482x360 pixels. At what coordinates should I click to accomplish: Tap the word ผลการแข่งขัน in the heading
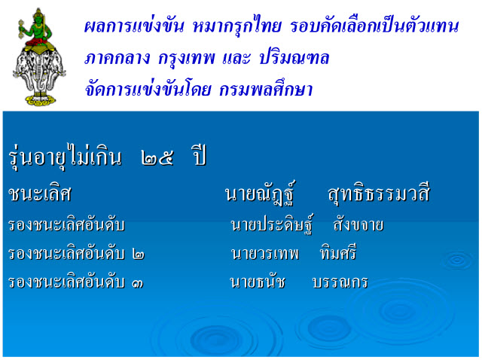coord(134,26)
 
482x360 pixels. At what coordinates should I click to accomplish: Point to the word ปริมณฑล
coord(294,57)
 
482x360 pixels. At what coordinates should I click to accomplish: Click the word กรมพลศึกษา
coord(266,89)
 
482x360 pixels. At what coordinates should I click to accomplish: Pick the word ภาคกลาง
coord(117,58)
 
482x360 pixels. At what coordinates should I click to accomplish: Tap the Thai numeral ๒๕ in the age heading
coord(157,158)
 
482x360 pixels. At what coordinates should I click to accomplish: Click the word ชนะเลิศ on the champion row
coord(40,194)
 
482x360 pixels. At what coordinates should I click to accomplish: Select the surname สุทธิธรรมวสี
coord(378,194)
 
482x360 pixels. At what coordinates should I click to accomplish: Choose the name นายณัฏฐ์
coord(260,193)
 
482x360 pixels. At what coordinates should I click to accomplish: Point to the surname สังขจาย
coord(358,224)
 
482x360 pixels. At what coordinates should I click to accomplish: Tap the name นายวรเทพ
coord(264,254)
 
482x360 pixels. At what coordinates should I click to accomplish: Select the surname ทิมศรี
coord(338,252)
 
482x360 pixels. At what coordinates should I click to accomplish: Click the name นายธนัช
coord(258,282)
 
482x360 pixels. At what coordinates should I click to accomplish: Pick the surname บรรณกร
coord(340,282)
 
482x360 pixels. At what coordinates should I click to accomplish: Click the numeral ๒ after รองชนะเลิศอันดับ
coord(139,255)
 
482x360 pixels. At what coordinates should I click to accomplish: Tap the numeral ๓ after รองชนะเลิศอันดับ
coord(137,283)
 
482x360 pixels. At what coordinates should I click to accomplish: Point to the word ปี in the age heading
coord(198,155)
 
